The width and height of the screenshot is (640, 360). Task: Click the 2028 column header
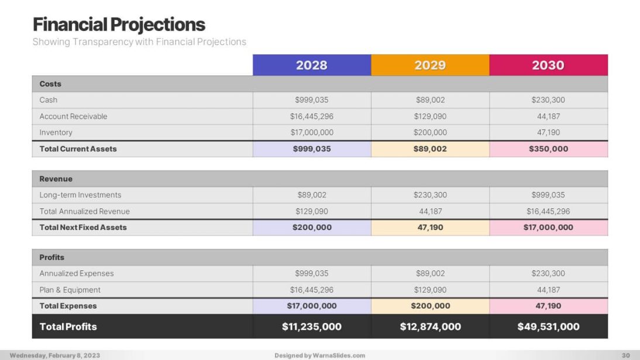coord(312,65)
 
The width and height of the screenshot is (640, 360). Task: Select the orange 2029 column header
coord(430,65)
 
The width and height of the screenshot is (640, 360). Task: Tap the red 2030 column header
coord(548,65)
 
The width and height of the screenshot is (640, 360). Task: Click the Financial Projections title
coord(119,25)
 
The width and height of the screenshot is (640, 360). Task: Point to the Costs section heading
coord(50,84)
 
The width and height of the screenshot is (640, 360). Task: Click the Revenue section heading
coord(56,179)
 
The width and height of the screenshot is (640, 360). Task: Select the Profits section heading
coord(52,257)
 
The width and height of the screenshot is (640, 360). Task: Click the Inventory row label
coord(56,132)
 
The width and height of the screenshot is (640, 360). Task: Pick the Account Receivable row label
coord(74,116)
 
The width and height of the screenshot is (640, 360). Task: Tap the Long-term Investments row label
coord(81,195)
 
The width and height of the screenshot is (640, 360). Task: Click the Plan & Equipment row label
coord(70,290)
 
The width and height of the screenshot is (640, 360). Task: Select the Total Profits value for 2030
coord(548,327)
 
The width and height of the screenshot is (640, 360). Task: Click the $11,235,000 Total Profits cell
coord(312,327)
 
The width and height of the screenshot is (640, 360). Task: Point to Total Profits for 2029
coord(430,327)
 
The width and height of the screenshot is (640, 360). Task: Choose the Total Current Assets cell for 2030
coord(548,149)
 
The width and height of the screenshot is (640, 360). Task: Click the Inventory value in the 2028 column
coord(312,132)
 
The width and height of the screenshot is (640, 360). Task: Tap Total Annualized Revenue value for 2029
coord(430,211)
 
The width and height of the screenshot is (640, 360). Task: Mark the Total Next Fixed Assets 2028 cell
coord(312,227)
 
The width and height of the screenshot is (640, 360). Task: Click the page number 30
coord(625,355)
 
